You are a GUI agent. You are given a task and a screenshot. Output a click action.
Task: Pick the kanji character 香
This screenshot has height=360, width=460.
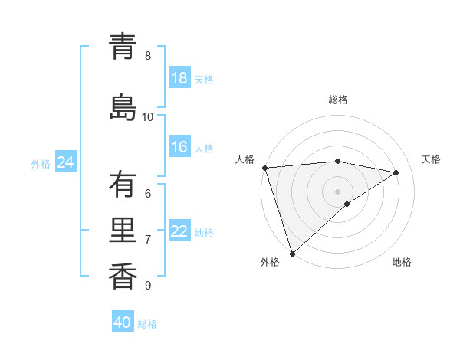(x=123, y=277)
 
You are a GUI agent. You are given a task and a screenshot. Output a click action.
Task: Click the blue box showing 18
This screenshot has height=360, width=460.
(x=179, y=78)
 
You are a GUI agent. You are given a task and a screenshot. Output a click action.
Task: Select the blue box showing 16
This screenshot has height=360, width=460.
(x=179, y=147)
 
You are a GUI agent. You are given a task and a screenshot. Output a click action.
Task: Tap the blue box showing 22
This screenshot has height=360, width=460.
(x=179, y=231)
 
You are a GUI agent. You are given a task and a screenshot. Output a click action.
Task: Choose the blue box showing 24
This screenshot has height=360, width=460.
(x=65, y=162)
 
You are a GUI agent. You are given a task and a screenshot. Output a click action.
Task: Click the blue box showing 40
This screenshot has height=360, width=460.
(x=123, y=322)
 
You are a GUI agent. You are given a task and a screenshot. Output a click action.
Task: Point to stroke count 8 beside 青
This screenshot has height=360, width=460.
(x=148, y=56)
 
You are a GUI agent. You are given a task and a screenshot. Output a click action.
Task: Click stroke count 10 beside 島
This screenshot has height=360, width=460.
(x=148, y=117)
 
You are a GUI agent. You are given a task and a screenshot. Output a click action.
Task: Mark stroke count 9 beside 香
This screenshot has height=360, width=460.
(x=148, y=286)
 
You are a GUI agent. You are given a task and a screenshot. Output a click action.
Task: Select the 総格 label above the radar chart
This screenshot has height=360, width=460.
(x=338, y=100)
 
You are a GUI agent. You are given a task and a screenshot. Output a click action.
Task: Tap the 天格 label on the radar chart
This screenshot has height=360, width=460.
(x=431, y=159)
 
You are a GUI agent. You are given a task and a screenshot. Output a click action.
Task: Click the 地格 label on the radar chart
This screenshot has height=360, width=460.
(x=402, y=262)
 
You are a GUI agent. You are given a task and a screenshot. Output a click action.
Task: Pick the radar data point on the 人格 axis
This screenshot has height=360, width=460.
(x=264, y=168)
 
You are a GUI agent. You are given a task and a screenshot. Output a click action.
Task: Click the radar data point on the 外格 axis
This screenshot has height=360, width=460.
(x=292, y=253)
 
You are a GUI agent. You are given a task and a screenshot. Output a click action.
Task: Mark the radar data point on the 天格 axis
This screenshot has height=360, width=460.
(x=396, y=172)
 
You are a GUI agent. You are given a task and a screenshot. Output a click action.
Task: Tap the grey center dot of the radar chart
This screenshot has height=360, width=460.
(x=337, y=191)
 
